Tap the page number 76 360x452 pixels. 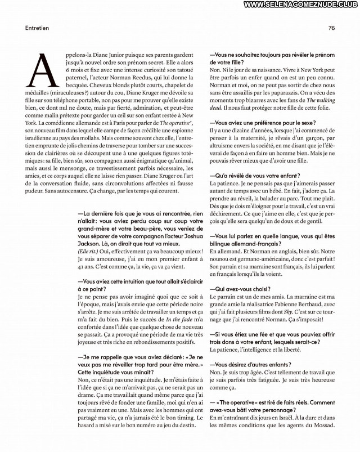coord(331,27)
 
